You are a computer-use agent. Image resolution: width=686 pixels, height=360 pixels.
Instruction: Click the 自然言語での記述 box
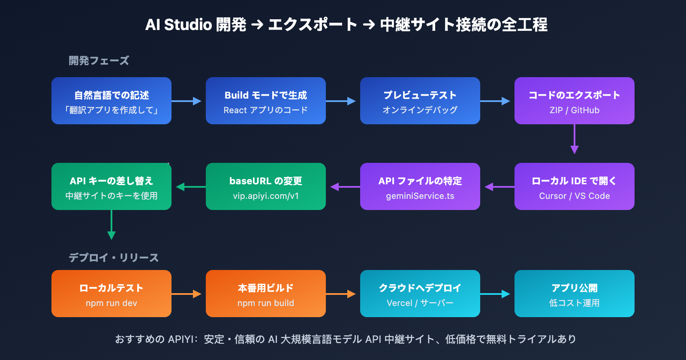coord(111,101)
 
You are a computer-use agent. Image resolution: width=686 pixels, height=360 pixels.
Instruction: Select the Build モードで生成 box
coord(266,101)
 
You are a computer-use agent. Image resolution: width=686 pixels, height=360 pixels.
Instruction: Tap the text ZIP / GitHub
coord(575,110)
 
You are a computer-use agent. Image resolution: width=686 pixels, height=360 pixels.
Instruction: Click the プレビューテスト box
coord(420,101)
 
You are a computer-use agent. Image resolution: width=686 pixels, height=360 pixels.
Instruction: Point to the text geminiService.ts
coord(420,196)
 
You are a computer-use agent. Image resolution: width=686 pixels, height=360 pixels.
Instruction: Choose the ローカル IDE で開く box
coord(575,186)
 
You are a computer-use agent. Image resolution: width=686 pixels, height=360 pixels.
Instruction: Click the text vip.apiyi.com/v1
coord(266,196)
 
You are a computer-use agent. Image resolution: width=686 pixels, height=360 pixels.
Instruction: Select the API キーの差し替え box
coord(111,186)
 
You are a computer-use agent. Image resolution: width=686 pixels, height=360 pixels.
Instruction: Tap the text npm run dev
coord(111,303)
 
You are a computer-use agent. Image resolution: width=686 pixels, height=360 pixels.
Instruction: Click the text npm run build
coord(266,303)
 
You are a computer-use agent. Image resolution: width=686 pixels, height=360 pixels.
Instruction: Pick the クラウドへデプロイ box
coord(420,294)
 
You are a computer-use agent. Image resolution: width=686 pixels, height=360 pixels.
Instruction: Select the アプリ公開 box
coord(575,294)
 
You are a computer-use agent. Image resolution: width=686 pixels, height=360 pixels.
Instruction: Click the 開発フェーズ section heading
coord(99,61)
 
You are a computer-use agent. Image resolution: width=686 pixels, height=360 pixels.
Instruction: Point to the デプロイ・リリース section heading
coord(114,258)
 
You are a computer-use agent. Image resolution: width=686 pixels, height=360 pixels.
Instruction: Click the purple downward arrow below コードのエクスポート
coord(575,139)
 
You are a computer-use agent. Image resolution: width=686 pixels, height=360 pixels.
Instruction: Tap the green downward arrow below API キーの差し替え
coord(111,225)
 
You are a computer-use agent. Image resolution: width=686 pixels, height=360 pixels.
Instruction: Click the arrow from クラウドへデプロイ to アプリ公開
coord(496,294)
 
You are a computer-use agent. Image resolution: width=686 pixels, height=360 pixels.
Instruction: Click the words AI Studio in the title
coord(178,25)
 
